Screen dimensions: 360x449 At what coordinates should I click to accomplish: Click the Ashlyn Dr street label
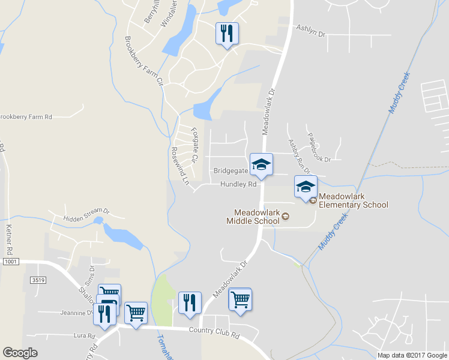pos(310,31)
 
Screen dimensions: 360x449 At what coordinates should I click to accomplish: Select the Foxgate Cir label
pos(193,145)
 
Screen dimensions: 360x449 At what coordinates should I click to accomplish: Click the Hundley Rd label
pos(238,185)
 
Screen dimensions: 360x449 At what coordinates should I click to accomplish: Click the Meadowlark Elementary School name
pos(353,200)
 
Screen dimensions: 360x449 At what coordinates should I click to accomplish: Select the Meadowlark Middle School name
pos(256,217)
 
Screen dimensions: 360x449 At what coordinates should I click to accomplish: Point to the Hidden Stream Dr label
pos(86,211)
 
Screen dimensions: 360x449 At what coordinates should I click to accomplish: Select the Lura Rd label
pos(80,335)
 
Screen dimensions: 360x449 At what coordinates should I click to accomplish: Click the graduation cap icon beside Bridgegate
pos(261,165)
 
